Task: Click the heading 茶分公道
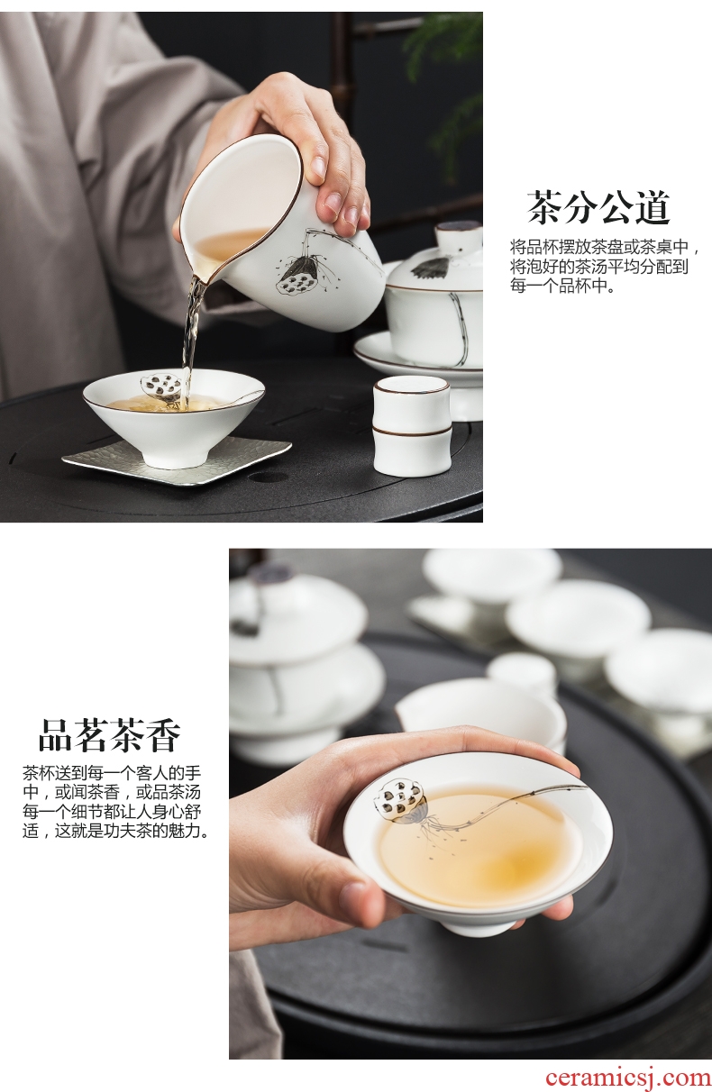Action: click(x=598, y=207)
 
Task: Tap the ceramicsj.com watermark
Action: click(x=628, y=1077)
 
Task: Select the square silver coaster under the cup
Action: click(x=177, y=456)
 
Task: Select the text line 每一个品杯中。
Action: click(x=561, y=287)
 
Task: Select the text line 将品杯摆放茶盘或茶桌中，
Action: click(x=605, y=247)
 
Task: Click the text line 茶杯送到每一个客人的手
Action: click(x=112, y=773)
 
